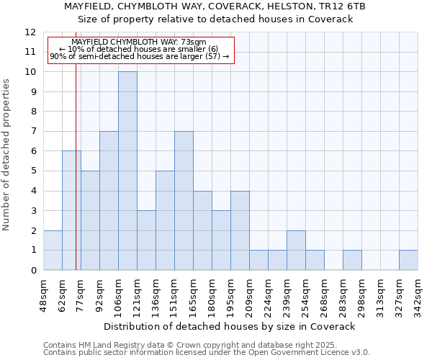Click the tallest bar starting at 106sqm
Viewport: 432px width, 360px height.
point(127,171)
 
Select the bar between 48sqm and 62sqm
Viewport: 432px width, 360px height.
point(53,250)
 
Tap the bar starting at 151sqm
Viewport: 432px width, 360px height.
point(184,200)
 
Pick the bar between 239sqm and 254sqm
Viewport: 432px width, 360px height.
point(296,250)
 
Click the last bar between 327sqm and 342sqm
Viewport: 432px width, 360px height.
point(408,260)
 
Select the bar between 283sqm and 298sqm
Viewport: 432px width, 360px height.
point(352,260)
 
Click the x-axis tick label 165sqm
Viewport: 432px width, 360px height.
point(193,294)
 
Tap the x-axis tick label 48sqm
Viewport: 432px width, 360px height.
point(43,294)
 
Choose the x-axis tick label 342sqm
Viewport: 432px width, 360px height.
point(418,294)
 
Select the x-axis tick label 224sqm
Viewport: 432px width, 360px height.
point(268,294)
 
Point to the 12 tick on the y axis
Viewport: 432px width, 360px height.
point(30,32)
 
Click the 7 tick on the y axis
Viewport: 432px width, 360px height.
point(33,132)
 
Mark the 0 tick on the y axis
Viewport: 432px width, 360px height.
point(33,270)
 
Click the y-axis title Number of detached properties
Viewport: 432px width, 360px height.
point(6,155)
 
